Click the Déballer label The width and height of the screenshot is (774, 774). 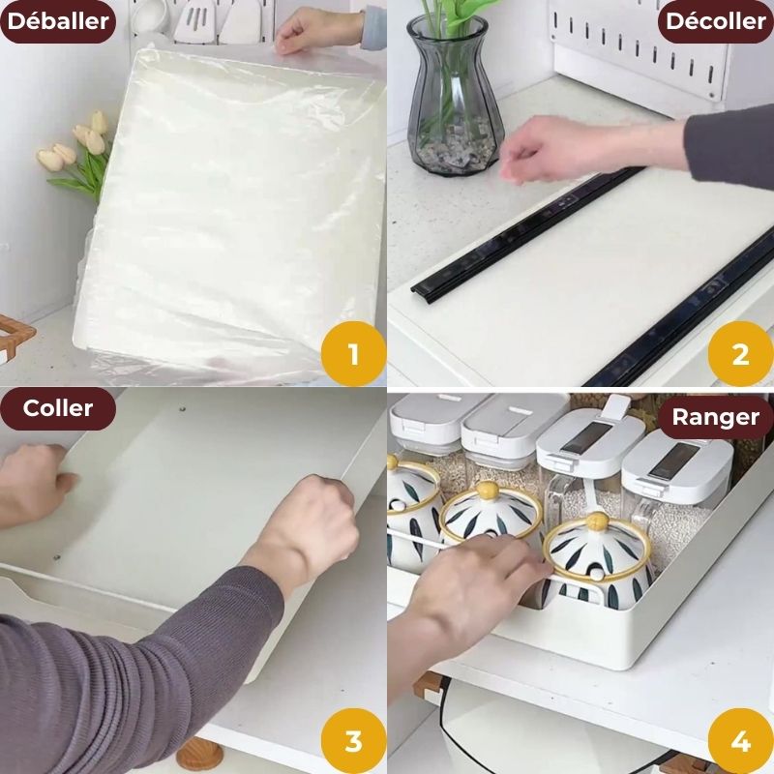pyautogui.click(x=58, y=21)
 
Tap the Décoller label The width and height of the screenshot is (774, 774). pyautogui.click(x=715, y=21)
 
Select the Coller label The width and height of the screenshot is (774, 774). pyautogui.click(x=58, y=408)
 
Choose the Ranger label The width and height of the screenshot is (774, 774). pyautogui.click(x=715, y=418)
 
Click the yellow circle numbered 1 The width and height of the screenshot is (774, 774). pyautogui.click(x=353, y=353)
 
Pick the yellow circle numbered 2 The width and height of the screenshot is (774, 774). pyautogui.click(x=740, y=353)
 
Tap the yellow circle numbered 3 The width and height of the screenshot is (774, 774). pyautogui.click(x=353, y=741)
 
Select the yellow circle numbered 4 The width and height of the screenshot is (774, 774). pyautogui.click(x=740, y=741)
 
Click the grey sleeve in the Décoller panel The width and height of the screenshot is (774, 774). pyautogui.click(x=730, y=145)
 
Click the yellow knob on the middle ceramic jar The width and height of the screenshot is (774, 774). pyautogui.click(x=490, y=491)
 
